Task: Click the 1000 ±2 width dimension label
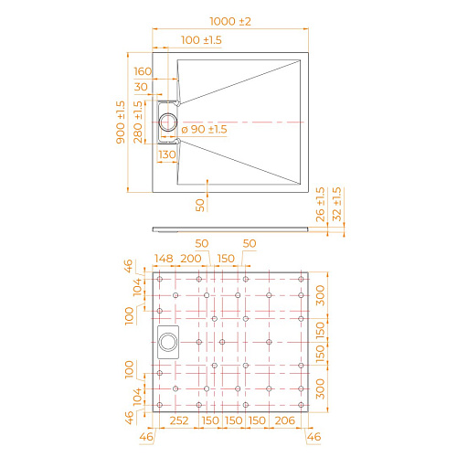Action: [x=228, y=21]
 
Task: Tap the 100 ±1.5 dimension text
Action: [x=203, y=40]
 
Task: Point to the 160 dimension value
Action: [x=143, y=71]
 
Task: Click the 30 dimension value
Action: [x=143, y=88]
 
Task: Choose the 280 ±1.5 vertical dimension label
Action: [x=138, y=122]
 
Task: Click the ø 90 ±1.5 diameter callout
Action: [x=204, y=130]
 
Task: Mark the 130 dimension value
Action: [x=167, y=154]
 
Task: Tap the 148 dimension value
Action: [x=164, y=259]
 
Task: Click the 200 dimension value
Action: [x=191, y=259]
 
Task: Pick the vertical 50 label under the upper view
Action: [x=200, y=203]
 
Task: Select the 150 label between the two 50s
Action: [x=226, y=259]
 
